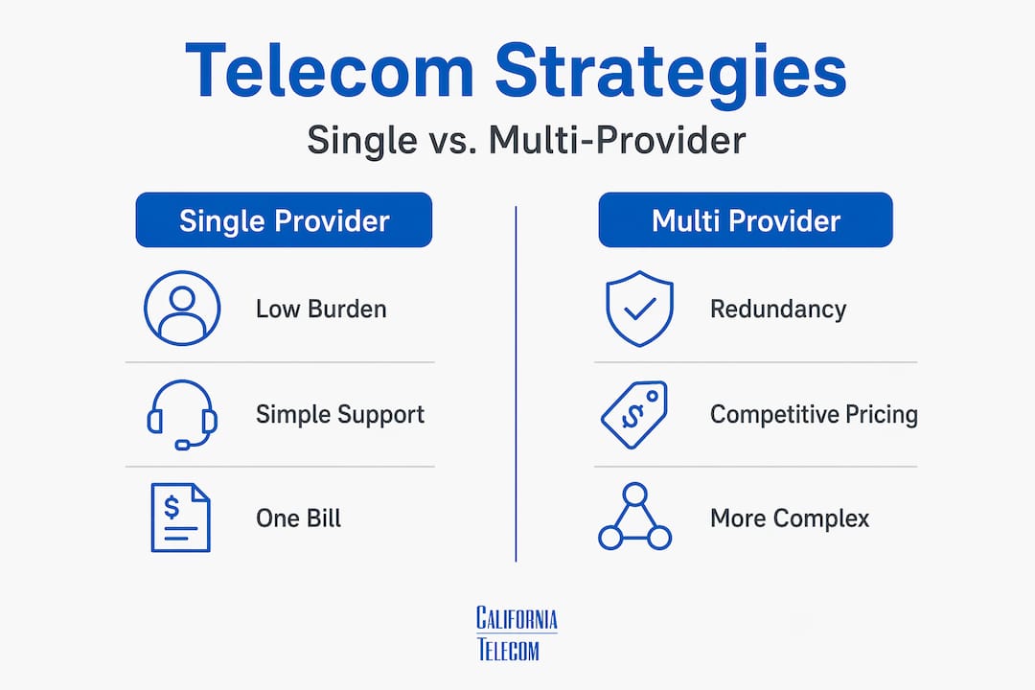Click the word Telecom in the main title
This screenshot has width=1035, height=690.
coord(330,70)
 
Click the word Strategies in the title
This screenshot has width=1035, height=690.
coord(671,74)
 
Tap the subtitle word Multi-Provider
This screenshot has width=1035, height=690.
coord(617,140)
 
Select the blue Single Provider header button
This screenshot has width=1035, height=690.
coord(284,219)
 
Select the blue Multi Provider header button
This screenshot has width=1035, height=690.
coord(746,219)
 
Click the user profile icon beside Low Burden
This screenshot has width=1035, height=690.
coord(182,309)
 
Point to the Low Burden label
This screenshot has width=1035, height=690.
coord(321,309)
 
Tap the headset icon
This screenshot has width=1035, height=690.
coord(182,415)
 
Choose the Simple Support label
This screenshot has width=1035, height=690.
coord(340,415)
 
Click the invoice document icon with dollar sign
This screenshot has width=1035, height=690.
coord(180,517)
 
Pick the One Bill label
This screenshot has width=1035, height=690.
coord(298,518)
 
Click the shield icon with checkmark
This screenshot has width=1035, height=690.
coord(639,309)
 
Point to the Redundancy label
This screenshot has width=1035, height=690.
coord(778,309)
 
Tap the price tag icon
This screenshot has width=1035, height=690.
coord(634,415)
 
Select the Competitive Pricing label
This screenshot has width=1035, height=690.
coord(814,415)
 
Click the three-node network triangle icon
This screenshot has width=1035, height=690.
coord(635,517)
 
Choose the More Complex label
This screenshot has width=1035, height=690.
coord(790,518)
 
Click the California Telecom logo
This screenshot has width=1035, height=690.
coord(517,633)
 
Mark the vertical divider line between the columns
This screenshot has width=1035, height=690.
coord(516,383)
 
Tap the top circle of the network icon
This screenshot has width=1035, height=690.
coord(635,494)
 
